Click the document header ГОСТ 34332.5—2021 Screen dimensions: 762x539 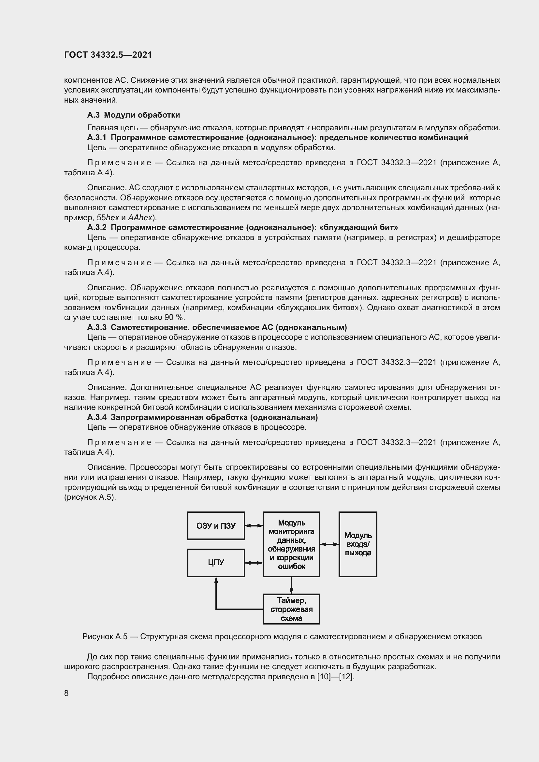tap(108, 55)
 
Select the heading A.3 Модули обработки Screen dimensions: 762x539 tap(133, 115)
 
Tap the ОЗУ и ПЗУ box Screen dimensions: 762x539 tap(216, 526)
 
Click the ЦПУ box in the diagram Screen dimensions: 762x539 tap(216, 563)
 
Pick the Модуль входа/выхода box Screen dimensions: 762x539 tap(358, 544)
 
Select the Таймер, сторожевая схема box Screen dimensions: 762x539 tap(291, 609)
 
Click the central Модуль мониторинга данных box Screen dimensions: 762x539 tap(291, 544)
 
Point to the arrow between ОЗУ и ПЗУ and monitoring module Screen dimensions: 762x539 tap(254, 525)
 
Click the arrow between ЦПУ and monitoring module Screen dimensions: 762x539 tap(254, 563)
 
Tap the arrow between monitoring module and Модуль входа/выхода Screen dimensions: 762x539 tap(329, 544)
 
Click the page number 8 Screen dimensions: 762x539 tap(66, 693)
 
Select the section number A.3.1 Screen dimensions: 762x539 tap(96, 137)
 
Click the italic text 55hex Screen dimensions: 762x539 tap(108, 218)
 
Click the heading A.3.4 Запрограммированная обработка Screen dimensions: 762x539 tap(202, 417)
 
